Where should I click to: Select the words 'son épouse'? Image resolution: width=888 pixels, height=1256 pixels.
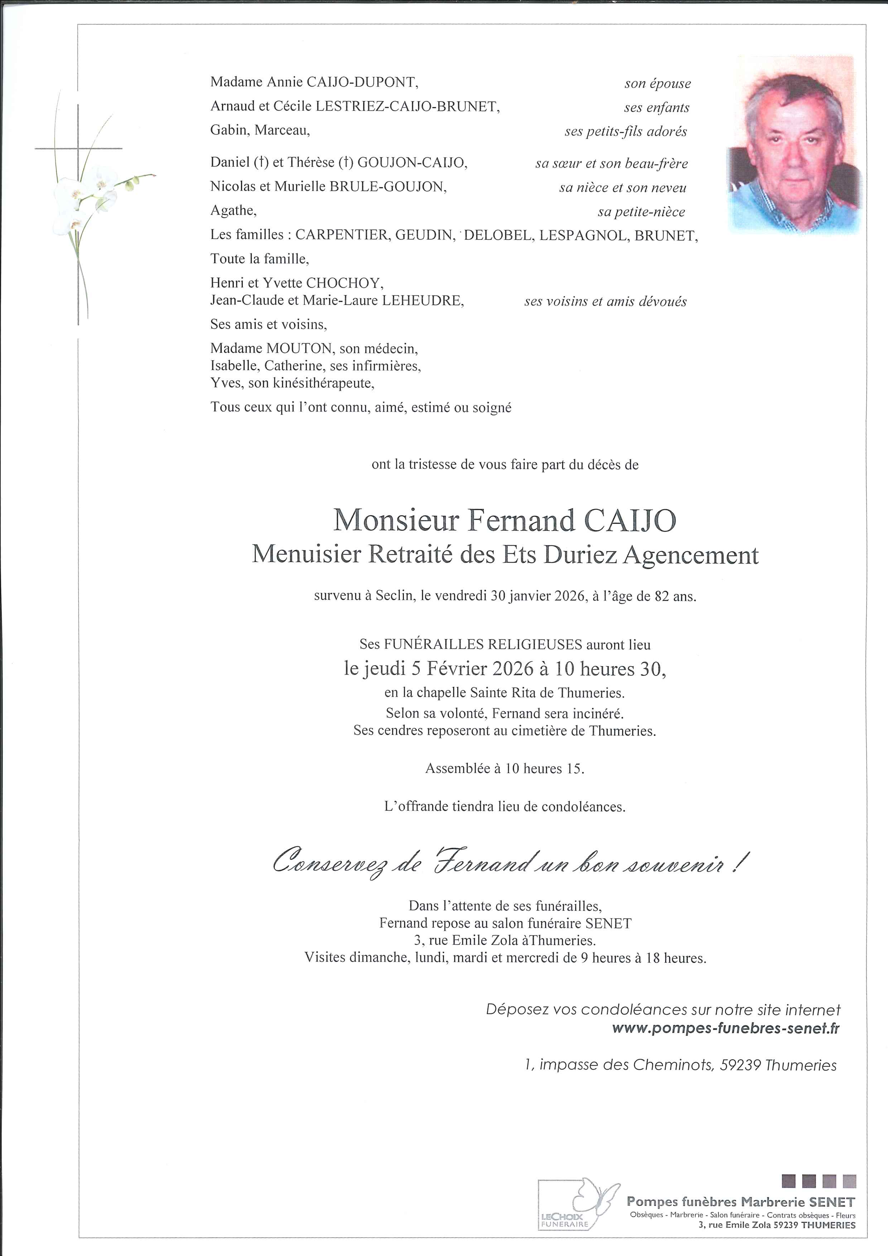click(657, 84)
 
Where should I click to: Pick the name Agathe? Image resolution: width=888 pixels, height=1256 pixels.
click(232, 211)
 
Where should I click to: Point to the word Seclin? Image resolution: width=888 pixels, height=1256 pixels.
click(394, 596)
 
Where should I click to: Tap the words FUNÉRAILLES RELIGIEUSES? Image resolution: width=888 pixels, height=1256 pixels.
click(483, 644)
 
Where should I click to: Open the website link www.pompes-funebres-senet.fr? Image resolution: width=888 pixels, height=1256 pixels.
click(725, 1028)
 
